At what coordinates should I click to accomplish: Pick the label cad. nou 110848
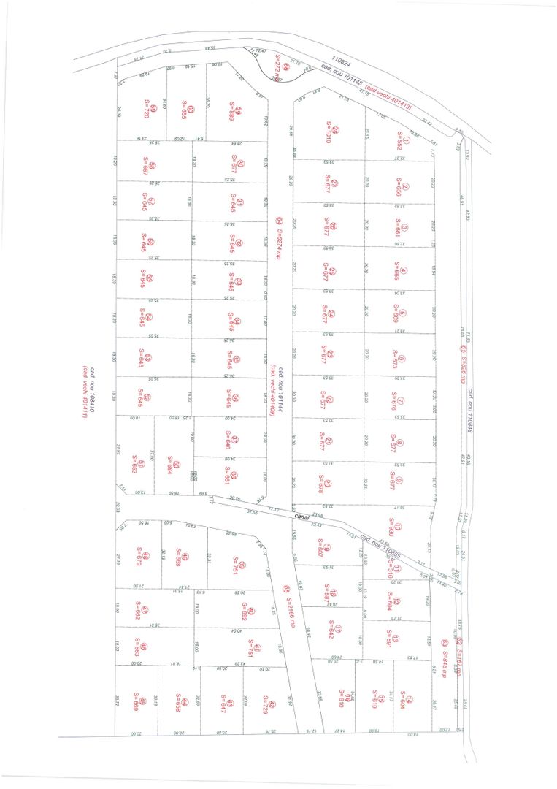(x=471, y=408)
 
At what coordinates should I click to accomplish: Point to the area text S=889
(x=231, y=111)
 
